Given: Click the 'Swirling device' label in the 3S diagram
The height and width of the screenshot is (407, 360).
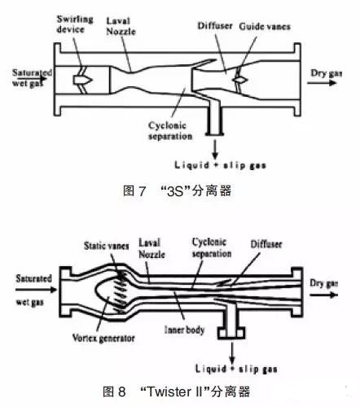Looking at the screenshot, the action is [x=75, y=24].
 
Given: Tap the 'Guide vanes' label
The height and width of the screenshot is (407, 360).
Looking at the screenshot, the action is [x=265, y=26].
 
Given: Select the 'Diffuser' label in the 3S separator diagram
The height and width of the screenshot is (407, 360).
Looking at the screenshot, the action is [x=215, y=26].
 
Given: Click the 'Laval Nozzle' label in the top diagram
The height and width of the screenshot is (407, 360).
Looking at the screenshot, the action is [x=121, y=26].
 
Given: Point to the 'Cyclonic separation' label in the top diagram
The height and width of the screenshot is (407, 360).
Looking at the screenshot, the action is [x=170, y=131].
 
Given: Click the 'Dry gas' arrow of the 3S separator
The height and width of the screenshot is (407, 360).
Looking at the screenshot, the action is [x=322, y=82].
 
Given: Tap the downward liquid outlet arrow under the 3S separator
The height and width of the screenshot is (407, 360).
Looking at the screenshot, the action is [x=215, y=150].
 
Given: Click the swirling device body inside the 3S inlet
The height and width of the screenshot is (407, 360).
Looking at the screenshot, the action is [x=82, y=80].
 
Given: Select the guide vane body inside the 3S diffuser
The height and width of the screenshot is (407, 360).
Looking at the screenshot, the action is [x=240, y=80].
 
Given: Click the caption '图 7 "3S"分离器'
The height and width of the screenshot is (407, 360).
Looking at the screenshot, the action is [x=177, y=190].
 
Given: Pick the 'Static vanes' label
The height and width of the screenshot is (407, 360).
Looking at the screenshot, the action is [x=106, y=246].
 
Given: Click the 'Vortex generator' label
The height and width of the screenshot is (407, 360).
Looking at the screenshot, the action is [x=103, y=338].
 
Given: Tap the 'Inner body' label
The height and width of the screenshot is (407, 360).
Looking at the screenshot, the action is [x=184, y=330].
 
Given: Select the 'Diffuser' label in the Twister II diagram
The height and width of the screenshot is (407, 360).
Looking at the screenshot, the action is [x=266, y=244].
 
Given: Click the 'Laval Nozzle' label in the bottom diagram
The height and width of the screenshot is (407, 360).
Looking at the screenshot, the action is [x=151, y=248].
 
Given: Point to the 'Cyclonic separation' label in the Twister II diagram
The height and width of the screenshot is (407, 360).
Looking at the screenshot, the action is [x=212, y=247].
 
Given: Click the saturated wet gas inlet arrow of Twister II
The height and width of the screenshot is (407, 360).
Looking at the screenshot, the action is [x=36, y=290].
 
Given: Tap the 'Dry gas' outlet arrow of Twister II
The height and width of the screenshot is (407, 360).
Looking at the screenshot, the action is [x=323, y=295].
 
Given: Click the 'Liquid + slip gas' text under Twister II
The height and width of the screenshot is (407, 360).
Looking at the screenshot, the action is [x=236, y=369].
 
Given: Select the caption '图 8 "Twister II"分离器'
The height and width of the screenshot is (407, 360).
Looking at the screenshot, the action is [x=177, y=392].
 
